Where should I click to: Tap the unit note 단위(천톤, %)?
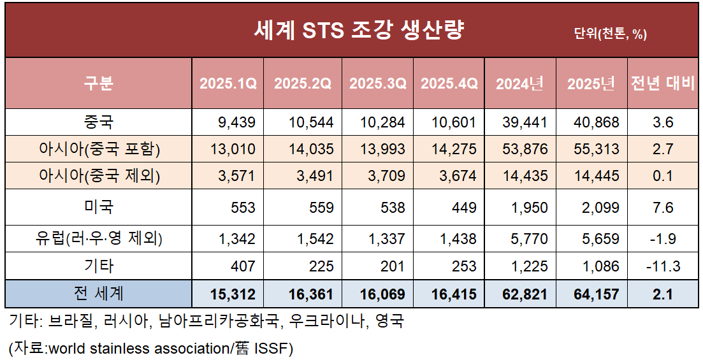[x=610, y=34]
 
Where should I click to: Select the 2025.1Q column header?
[x=228, y=83]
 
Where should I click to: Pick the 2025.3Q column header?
[x=377, y=83]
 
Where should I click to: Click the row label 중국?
[x=98, y=122]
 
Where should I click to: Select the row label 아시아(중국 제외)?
[x=98, y=176]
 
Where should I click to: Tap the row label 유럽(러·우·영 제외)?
[x=98, y=239]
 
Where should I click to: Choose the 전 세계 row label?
[x=98, y=294]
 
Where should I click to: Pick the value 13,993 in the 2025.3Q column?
[x=382, y=149]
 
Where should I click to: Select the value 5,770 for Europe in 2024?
[x=527, y=240]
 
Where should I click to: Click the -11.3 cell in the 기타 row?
[x=663, y=266]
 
